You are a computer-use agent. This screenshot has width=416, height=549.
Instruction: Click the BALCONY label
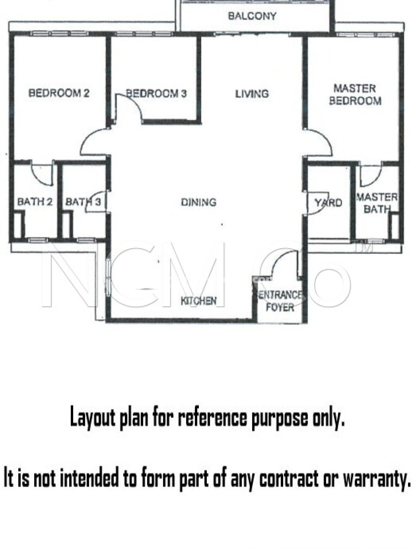coord(252,16)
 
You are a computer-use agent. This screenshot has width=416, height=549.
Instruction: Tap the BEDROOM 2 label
coord(59,93)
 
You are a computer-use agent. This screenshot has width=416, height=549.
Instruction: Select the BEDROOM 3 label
coord(156,93)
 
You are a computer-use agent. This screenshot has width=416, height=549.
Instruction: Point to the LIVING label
coord(252,94)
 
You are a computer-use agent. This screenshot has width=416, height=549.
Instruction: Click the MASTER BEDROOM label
coord(355,95)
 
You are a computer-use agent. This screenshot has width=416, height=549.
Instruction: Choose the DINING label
coord(199,202)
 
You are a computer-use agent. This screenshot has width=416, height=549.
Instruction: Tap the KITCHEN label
coord(199,301)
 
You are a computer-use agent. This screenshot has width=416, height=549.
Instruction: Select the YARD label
coord(329,203)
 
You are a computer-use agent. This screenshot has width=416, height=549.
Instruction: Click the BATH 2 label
coord(35,201)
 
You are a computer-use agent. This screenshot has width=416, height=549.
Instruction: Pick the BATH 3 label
coord(83,201)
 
